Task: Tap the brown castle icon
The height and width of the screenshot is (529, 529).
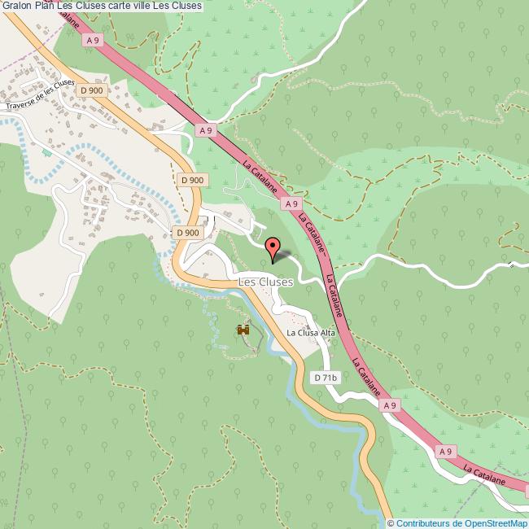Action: click(243, 330)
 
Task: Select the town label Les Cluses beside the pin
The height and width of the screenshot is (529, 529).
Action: click(265, 282)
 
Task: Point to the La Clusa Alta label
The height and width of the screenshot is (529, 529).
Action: click(310, 333)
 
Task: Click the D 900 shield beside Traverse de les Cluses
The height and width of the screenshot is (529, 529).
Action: click(93, 90)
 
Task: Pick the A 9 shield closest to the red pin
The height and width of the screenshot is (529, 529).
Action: click(294, 204)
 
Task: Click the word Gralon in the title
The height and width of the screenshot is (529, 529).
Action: click(15, 7)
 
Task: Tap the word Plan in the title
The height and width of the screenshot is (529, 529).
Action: click(45, 7)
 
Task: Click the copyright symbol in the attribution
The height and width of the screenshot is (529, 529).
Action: click(391, 523)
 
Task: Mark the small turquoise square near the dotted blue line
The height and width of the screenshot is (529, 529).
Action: click(46, 152)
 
